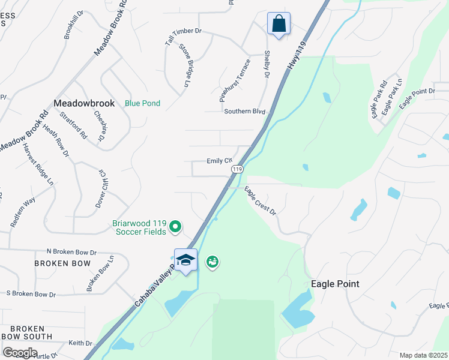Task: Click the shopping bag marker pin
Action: [x=279, y=25]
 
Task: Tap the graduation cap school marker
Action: [x=185, y=260]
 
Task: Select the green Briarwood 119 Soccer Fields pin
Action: [x=175, y=226]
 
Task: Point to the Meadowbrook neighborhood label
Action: [x=84, y=103]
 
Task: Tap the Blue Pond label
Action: [x=142, y=103]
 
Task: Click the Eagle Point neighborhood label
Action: [x=335, y=284]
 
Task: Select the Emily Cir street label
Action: [x=219, y=161]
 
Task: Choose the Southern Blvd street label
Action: [x=244, y=112]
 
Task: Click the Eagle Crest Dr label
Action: [x=260, y=201]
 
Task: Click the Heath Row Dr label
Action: [x=56, y=141]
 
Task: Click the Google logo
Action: [x=19, y=353]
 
